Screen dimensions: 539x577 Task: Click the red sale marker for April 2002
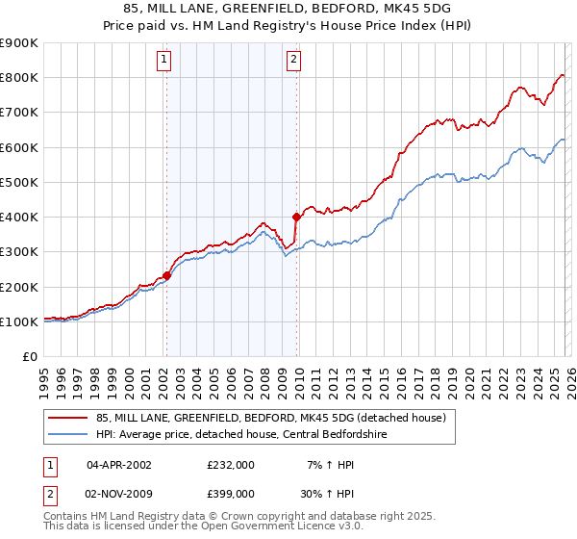[166, 275]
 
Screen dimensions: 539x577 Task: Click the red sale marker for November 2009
[296, 218]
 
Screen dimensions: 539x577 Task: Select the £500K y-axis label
[19, 182]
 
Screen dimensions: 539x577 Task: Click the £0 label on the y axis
[31, 356]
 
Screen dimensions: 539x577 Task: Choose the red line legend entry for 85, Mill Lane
[270, 419]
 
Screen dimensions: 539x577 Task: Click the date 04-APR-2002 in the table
[120, 465]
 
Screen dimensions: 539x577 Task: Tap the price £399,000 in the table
[230, 492]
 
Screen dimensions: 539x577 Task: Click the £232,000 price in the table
[230, 465]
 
